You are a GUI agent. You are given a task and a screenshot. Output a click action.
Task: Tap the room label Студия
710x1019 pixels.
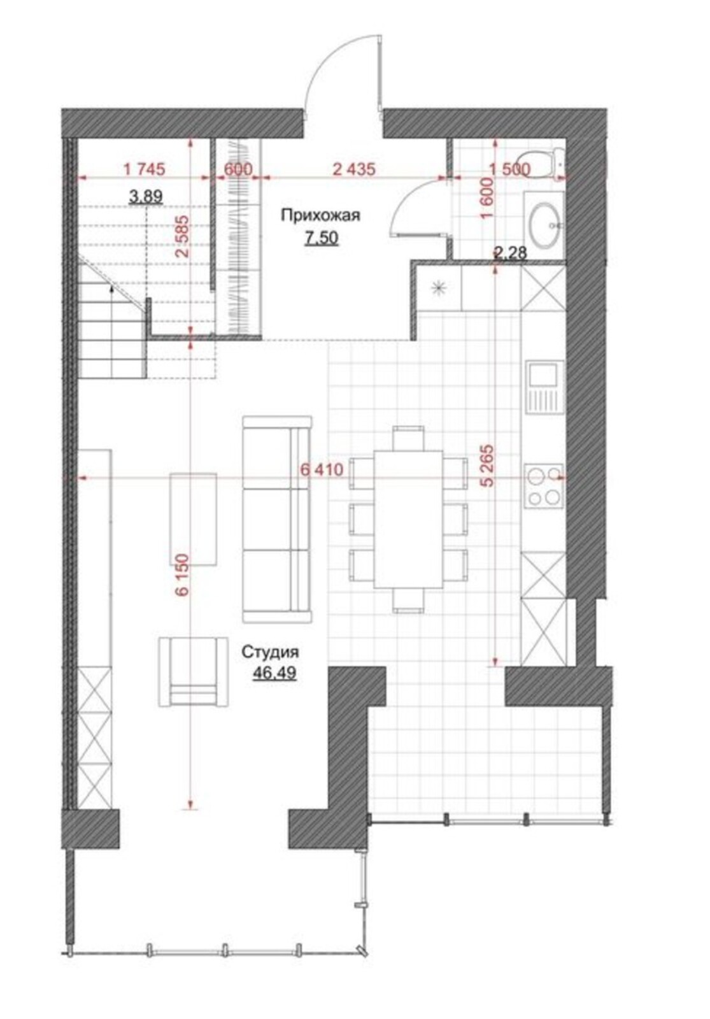pyautogui.click(x=270, y=652)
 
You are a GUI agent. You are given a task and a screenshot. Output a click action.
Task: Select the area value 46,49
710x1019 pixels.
pyautogui.click(x=274, y=673)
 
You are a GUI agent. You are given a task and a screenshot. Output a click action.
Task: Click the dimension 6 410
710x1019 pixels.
pyautogui.click(x=322, y=469)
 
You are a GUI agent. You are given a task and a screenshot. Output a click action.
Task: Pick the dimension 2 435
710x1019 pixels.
pyautogui.click(x=354, y=169)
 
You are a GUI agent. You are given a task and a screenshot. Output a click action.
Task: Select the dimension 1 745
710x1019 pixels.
pyautogui.click(x=144, y=169)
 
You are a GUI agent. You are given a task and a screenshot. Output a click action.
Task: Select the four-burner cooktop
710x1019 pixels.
pyautogui.click(x=544, y=486)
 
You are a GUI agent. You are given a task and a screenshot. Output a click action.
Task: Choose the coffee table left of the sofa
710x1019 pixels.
pyautogui.click(x=193, y=518)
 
